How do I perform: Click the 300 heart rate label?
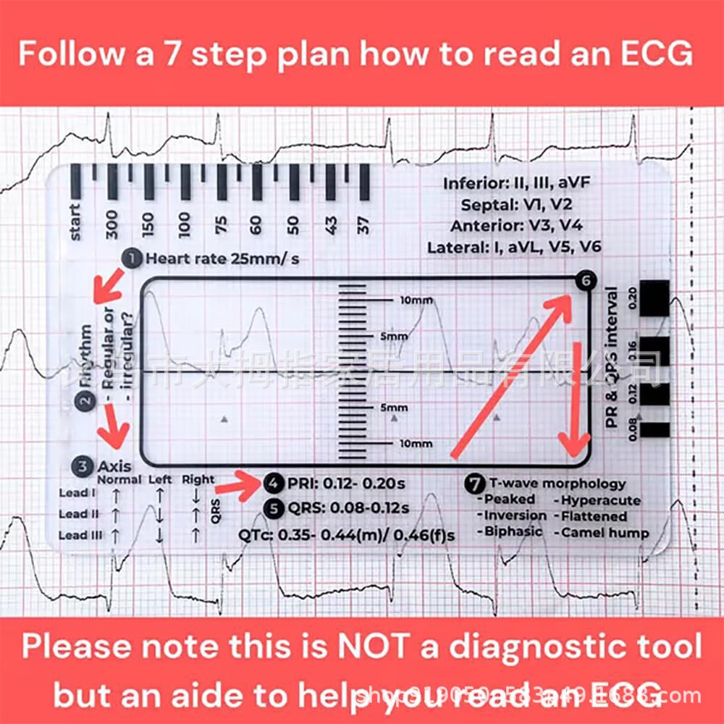(x=111, y=225)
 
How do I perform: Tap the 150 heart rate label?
(x=148, y=225)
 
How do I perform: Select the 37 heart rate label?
(x=364, y=226)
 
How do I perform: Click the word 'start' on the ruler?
(x=76, y=222)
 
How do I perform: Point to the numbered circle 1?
(x=132, y=258)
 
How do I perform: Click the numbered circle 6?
(x=585, y=282)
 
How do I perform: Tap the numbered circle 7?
(x=475, y=483)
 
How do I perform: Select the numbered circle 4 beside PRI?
(x=274, y=483)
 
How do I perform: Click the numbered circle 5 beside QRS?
(x=274, y=508)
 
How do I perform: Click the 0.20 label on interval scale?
(x=631, y=297)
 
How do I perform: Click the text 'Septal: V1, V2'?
(x=517, y=204)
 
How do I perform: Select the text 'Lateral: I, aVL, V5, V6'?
(x=514, y=248)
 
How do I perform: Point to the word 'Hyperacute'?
(x=600, y=500)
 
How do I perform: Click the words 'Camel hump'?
(x=603, y=534)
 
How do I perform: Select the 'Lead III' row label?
(x=79, y=535)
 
